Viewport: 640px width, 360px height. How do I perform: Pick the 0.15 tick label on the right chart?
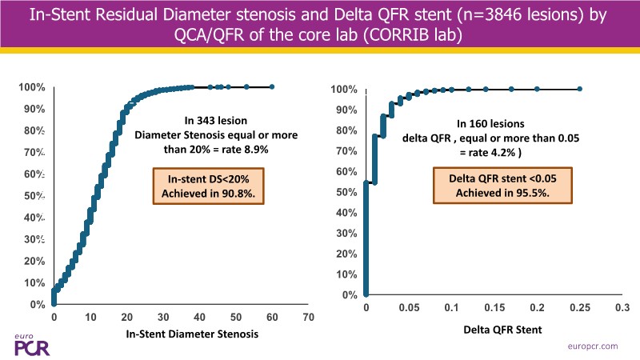pyautogui.click(x=494, y=307)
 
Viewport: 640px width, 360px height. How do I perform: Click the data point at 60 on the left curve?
pyautogui.click(x=272, y=86)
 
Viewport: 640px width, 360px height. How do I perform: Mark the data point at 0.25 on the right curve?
pyautogui.click(x=579, y=89)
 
